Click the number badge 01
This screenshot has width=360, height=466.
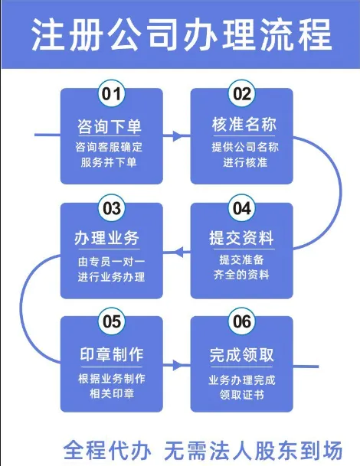(112, 93)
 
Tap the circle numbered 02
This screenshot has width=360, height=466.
(241, 93)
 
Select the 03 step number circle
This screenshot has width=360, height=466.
(112, 207)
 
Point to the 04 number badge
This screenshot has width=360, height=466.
(241, 207)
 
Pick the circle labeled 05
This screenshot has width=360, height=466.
(112, 321)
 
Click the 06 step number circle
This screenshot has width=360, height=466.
(241, 321)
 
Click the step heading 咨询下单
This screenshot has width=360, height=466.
(110, 126)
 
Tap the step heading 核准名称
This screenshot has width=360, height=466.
(244, 124)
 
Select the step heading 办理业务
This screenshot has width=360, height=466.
(106, 238)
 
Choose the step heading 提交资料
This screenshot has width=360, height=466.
(241, 238)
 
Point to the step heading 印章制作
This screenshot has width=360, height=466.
(112, 354)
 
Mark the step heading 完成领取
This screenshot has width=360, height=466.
(241, 355)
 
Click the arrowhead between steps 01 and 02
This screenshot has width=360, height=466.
(178, 135)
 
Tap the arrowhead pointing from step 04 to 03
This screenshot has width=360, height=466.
(178, 253)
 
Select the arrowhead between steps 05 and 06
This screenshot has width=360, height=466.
(178, 365)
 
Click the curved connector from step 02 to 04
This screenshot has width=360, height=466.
(340, 192)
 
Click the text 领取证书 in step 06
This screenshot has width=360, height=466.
(241, 395)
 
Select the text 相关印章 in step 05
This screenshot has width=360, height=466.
(112, 394)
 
